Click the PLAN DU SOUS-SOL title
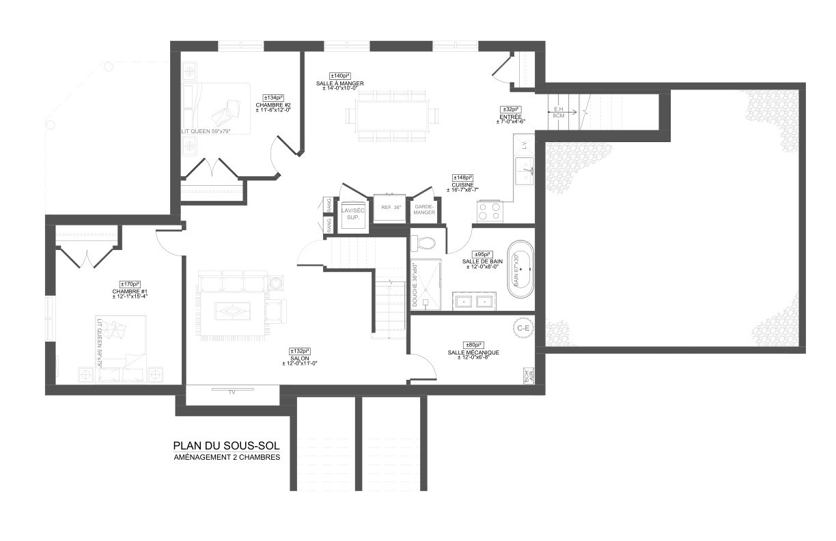point(226,445)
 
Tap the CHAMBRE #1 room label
point(130,292)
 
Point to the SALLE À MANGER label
point(339,83)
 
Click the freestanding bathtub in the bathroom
point(520,269)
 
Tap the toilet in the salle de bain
point(426,243)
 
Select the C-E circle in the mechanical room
point(524,328)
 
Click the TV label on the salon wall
point(232,392)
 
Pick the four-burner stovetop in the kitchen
point(489,211)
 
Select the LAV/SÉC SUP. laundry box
point(354,212)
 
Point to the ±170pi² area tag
point(130,284)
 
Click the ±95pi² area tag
point(484,254)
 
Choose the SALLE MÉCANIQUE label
point(473,352)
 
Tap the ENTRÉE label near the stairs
point(511,117)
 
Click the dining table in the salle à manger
point(391,114)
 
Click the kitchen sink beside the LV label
point(525,171)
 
